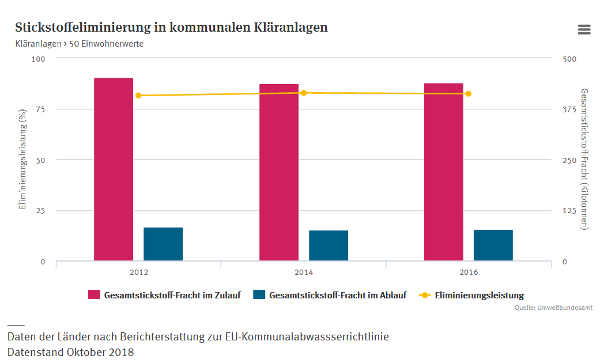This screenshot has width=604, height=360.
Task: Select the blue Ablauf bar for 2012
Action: pyautogui.click(x=163, y=244)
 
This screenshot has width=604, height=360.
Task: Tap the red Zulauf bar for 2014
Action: pyautogui.click(x=279, y=172)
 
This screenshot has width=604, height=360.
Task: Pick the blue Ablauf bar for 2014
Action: pyautogui.click(x=329, y=245)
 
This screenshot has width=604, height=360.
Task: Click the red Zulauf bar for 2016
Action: pyautogui.click(x=444, y=172)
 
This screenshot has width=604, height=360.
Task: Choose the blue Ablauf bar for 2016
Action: pyautogui.click(x=493, y=245)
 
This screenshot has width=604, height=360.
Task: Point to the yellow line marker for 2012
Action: pyautogui.click(x=138, y=96)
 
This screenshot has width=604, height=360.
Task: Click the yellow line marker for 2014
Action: pyautogui.click(x=304, y=93)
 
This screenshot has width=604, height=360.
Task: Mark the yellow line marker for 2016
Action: pyautogui.click(x=469, y=94)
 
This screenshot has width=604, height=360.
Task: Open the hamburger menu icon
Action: pyautogui.click(x=584, y=30)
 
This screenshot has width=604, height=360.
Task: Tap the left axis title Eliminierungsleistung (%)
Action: pyautogui.click(x=23, y=160)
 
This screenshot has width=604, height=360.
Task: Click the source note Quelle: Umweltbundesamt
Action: pyautogui.click(x=553, y=308)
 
